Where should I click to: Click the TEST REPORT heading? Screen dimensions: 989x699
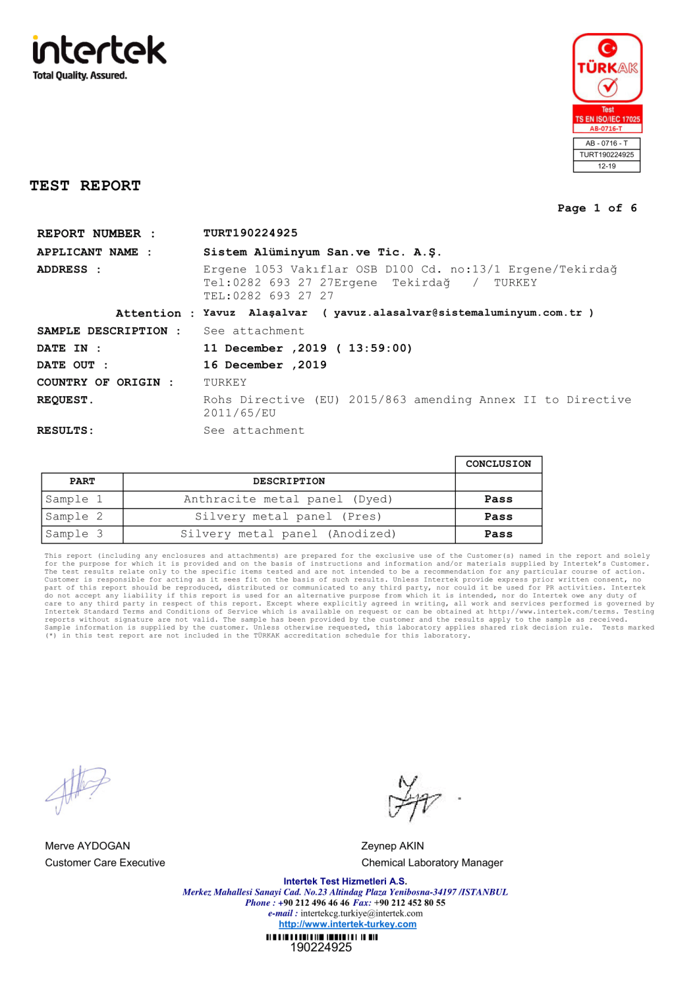pyautogui.click(x=85, y=186)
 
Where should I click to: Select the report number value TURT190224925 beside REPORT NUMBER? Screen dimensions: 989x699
pyautogui.click(x=250, y=233)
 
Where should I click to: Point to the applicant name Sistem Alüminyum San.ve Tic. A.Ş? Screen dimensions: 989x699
pyautogui.click(x=322, y=253)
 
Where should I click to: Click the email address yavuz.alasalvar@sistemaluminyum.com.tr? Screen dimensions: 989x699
pyautogui.click(x=458, y=313)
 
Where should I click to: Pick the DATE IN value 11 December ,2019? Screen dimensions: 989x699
pyautogui.click(x=265, y=348)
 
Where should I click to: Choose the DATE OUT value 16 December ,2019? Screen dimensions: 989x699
pyautogui.click(x=265, y=365)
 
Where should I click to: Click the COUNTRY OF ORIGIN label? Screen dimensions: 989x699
pyautogui.click(x=99, y=382)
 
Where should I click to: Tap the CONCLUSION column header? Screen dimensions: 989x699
pyautogui.click(x=498, y=464)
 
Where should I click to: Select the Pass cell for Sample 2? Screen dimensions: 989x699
pyautogui.click(x=498, y=517)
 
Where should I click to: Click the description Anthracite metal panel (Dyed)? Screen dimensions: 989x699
pyautogui.click(x=288, y=500)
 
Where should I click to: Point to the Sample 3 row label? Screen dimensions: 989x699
pyautogui.click(x=74, y=534)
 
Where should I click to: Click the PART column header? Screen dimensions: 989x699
pyautogui.click(x=82, y=482)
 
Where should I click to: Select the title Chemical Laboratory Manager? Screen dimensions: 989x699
pyautogui.click(x=432, y=863)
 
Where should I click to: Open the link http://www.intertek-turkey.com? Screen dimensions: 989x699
pyautogui.click(x=347, y=924)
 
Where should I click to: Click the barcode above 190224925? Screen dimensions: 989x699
pyautogui.click(x=322, y=937)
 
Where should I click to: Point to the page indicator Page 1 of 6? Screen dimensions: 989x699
pyautogui.click(x=597, y=208)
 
